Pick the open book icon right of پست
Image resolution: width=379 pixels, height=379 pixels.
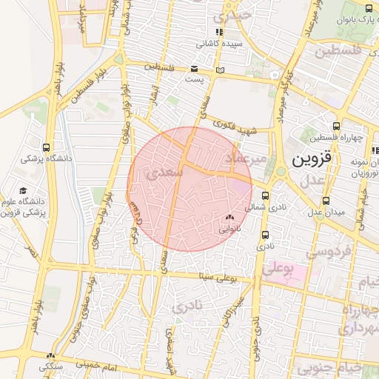point(219,70)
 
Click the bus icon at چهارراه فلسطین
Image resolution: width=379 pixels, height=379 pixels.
point(337,126)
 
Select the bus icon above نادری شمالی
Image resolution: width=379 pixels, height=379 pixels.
point(266,197)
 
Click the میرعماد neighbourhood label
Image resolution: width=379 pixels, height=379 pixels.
point(245,158)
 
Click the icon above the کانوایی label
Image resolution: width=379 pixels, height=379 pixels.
point(229,218)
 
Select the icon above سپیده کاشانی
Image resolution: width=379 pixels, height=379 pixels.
point(218,32)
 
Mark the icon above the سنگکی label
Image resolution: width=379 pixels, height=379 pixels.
point(50,356)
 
